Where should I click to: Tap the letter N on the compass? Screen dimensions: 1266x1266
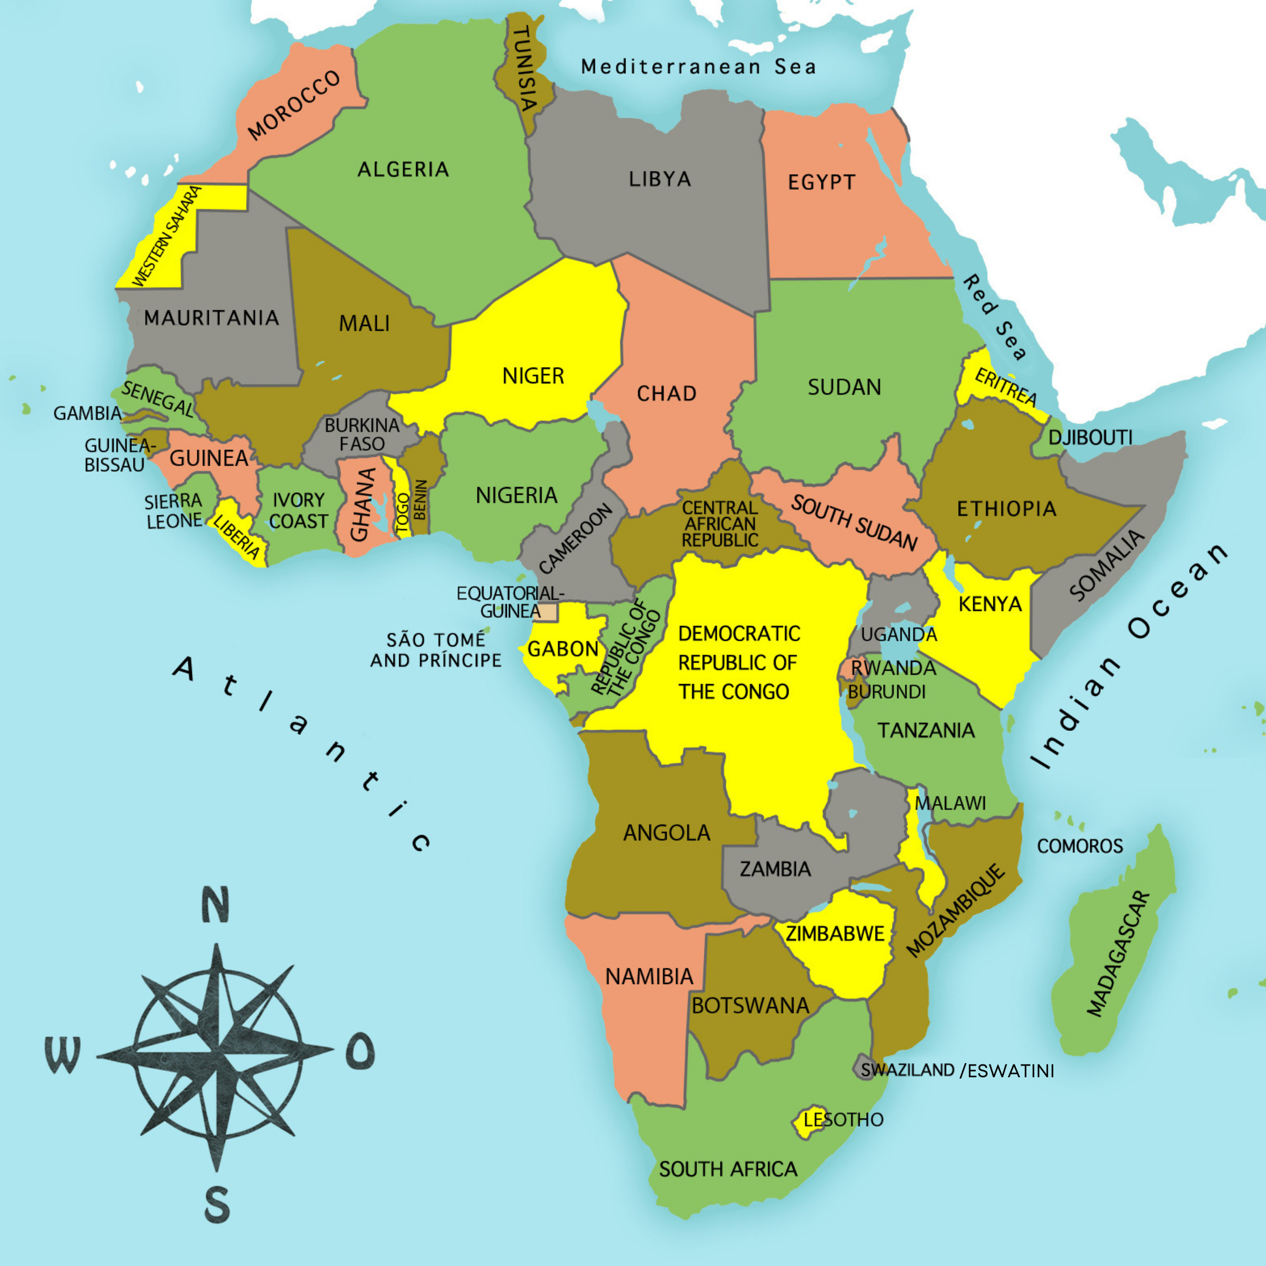215,905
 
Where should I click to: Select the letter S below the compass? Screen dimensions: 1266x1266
217,1204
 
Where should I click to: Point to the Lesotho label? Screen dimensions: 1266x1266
843,1120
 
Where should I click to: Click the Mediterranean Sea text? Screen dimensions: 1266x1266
699,67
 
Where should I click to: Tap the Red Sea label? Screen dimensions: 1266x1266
994,318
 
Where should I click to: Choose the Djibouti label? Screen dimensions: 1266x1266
1090,438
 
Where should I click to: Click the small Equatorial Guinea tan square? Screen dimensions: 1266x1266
547,612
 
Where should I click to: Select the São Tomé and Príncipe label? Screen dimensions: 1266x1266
435,650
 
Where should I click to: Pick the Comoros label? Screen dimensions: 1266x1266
1080,846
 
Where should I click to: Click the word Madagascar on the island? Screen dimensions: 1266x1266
1118,954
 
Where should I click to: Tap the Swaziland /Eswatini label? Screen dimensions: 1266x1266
957,1071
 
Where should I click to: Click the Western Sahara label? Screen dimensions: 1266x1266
167,236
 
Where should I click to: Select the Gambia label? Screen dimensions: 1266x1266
87,413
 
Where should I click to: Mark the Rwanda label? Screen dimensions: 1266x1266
893,668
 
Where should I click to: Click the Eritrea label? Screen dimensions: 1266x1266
1005,387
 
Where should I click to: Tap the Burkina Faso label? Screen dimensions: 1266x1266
362,434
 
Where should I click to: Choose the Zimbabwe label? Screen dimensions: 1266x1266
835,934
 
